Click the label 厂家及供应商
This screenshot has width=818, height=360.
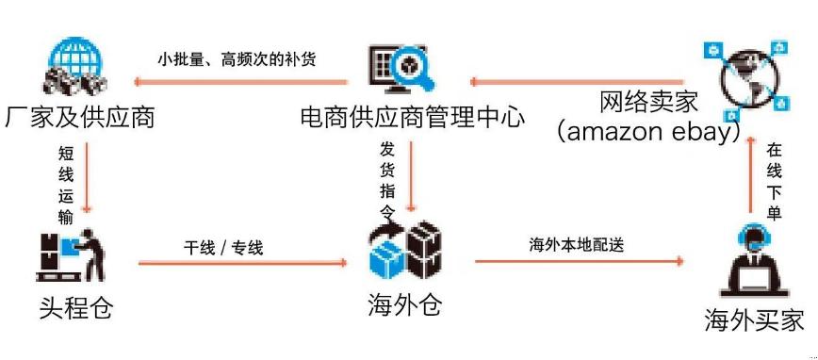click(x=79, y=118)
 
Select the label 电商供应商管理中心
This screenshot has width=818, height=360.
click(x=412, y=118)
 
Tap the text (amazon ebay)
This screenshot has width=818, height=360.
click(x=647, y=131)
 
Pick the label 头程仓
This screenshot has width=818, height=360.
click(x=76, y=307)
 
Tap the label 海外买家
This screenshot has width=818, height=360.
click(x=754, y=320)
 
